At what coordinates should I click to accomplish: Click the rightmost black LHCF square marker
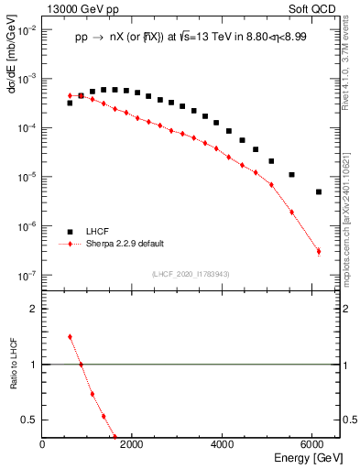[319, 191]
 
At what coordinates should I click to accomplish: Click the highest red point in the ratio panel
[70, 336]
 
